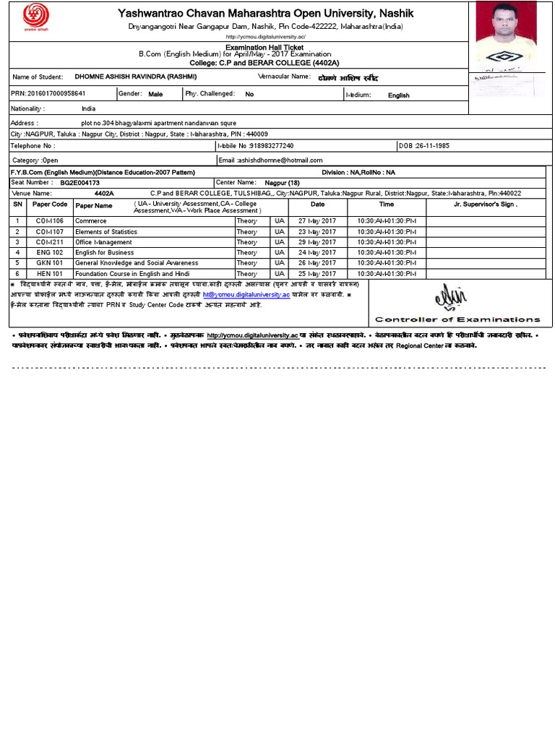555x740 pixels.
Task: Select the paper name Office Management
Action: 104,242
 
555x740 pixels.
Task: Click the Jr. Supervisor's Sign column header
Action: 485,205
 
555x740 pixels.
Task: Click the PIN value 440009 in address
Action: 257,134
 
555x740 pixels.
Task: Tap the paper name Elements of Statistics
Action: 106,231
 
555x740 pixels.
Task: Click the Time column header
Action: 387,205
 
